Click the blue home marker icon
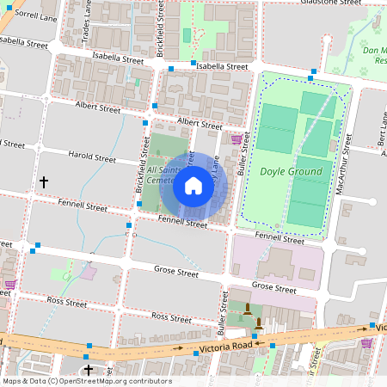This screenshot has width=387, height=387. (193, 186)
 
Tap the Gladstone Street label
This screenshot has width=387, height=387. (330, 3)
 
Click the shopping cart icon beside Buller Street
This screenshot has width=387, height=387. (236, 138)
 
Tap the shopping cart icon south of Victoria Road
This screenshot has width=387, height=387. (366, 342)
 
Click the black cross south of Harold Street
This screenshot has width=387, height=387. (44, 182)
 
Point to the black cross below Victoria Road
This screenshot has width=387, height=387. (88, 370)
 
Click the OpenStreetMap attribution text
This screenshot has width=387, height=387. (87, 381)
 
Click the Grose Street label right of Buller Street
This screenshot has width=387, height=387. (273, 286)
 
